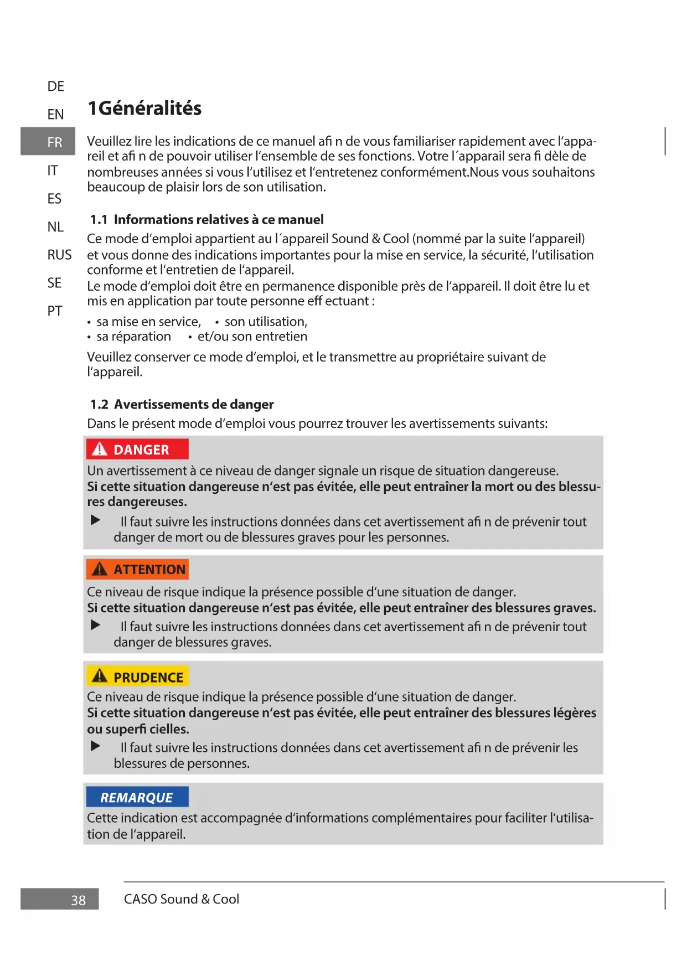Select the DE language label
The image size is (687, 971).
(55, 86)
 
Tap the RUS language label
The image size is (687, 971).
(59, 255)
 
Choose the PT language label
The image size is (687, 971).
(55, 311)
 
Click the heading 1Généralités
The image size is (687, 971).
(144, 108)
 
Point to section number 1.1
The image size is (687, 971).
(99, 220)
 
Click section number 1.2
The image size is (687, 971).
(99, 405)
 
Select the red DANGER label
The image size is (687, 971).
(137, 450)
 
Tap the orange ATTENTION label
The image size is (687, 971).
(137, 569)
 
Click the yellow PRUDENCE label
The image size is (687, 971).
(137, 677)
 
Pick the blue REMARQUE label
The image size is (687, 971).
(137, 797)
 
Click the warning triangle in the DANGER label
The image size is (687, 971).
(100, 449)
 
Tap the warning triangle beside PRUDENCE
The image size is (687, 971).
(100, 676)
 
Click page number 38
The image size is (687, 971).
(78, 901)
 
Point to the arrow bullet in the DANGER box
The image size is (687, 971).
(96, 520)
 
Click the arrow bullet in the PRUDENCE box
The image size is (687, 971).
(96, 746)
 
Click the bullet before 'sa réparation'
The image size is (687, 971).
(89, 337)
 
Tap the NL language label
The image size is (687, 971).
(55, 227)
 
